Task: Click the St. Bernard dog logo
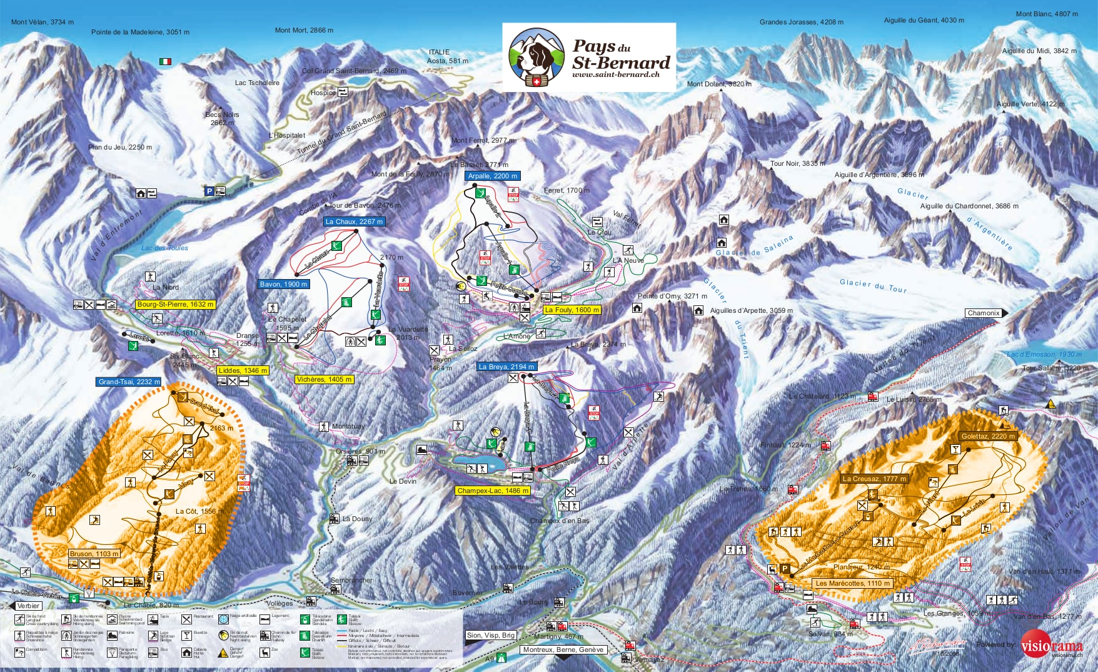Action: [x=536, y=58]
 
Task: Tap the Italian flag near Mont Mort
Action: [x=165, y=61]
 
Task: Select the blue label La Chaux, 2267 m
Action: [x=354, y=221]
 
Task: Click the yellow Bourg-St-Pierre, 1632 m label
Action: [x=176, y=305]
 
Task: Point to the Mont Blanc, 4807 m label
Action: [x=1047, y=14]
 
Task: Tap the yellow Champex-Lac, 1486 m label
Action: [x=493, y=491]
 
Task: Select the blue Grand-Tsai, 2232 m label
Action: [x=129, y=382]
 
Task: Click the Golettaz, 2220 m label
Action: [x=988, y=436]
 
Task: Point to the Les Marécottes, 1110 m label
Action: [x=852, y=583]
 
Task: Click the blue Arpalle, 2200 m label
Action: [x=493, y=176]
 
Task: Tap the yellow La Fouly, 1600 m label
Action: [x=572, y=310]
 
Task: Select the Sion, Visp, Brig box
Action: [x=491, y=635]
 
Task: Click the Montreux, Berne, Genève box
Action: [x=563, y=649]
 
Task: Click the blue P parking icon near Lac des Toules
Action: [x=209, y=191]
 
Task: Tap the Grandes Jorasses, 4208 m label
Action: [x=801, y=22]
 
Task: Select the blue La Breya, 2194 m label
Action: [x=506, y=367]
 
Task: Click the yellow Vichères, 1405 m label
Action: [x=324, y=379]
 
